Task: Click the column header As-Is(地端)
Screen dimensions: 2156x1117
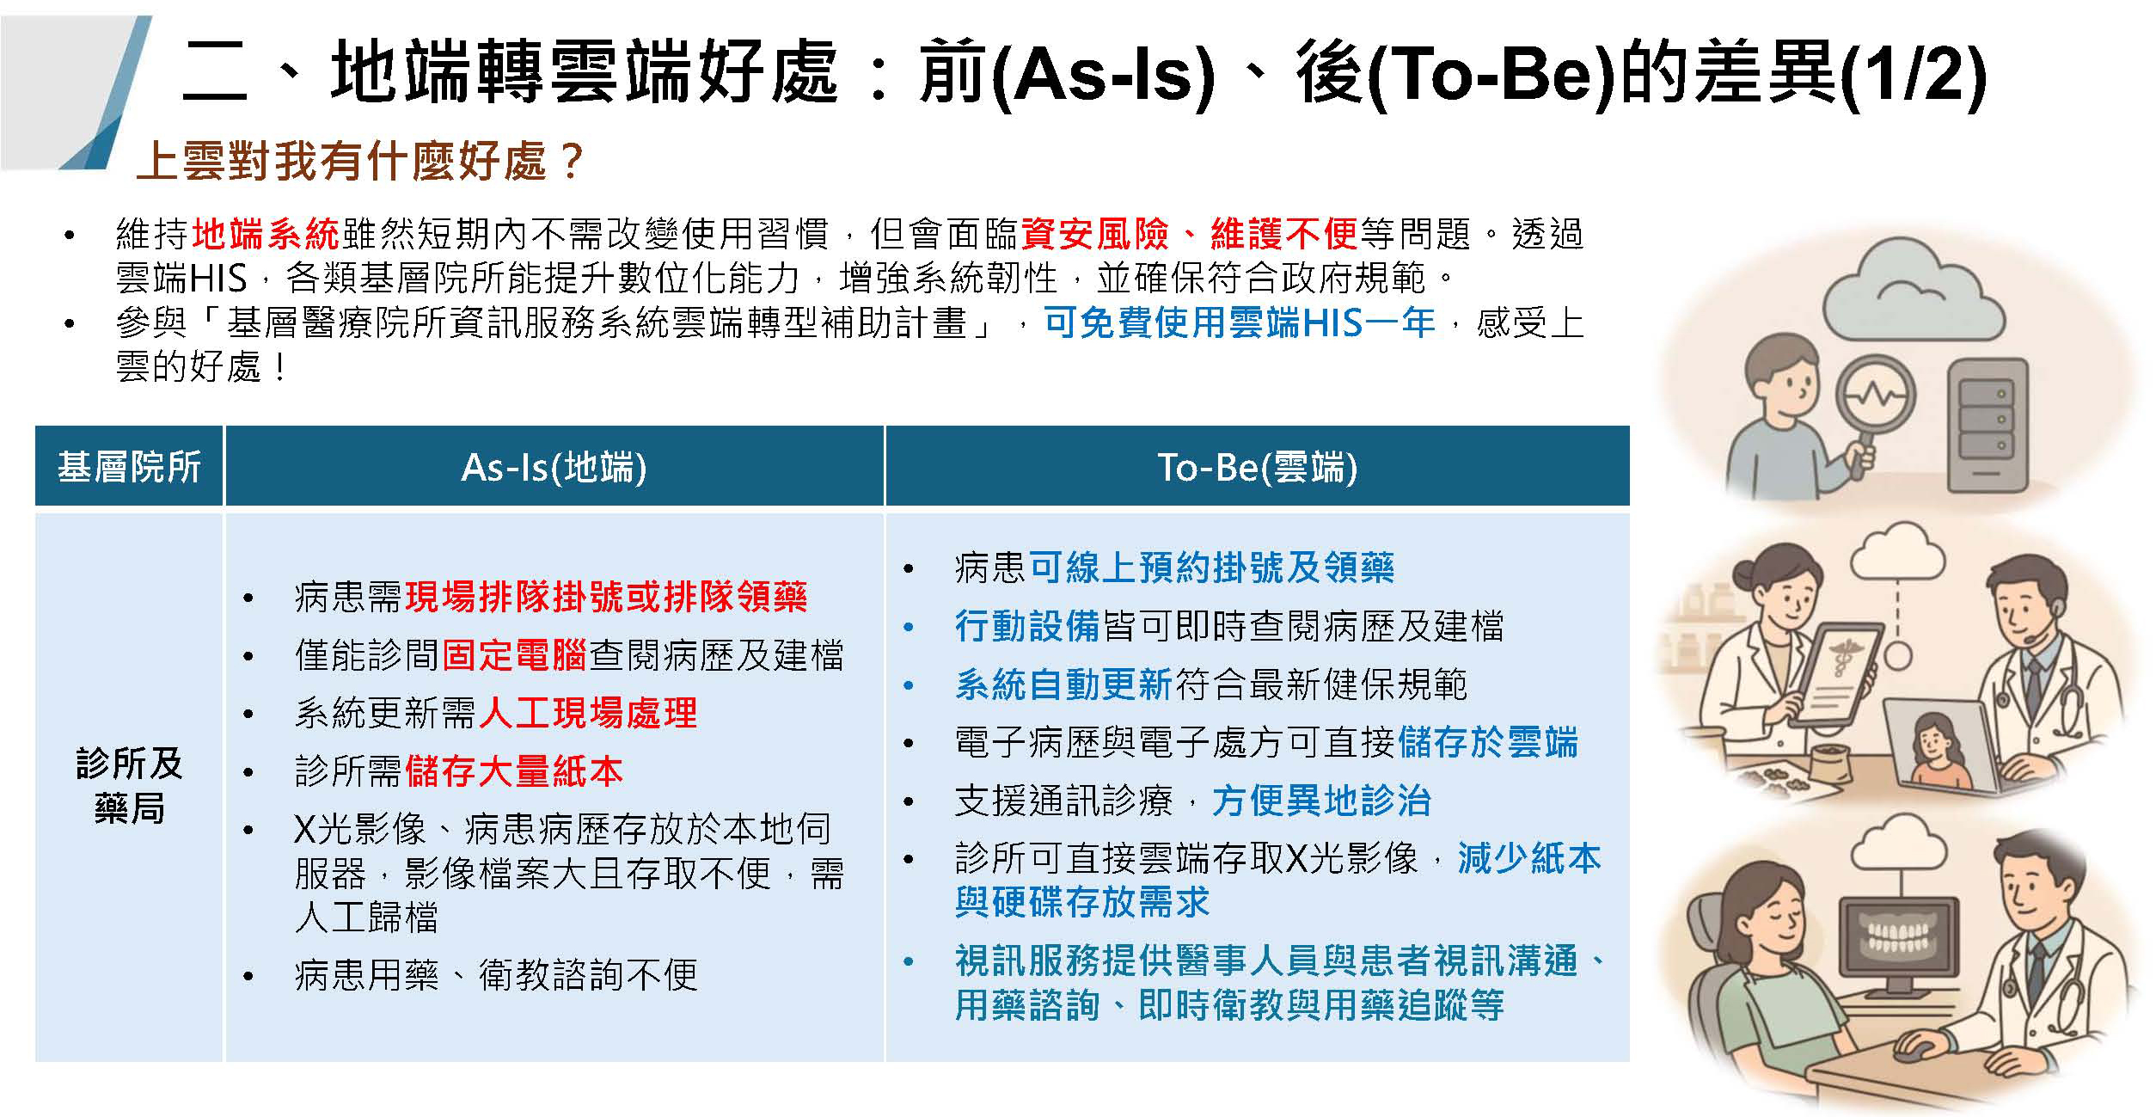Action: (x=554, y=467)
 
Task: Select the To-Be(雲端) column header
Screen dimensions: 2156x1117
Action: (x=1257, y=467)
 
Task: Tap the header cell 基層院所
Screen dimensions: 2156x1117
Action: (x=129, y=467)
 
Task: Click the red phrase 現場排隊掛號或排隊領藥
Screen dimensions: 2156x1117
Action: (x=606, y=597)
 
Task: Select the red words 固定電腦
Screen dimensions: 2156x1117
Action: (x=514, y=655)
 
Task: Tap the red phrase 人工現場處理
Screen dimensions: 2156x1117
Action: (x=588, y=713)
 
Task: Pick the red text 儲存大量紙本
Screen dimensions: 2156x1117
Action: (x=514, y=771)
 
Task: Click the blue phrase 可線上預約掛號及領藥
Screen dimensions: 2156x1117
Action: (x=1211, y=568)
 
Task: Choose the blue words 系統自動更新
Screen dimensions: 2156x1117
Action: (x=1063, y=684)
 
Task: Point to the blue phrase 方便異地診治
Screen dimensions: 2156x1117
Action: (x=1321, y=801)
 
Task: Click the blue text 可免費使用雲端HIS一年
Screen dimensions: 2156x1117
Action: (x=1240, y=323)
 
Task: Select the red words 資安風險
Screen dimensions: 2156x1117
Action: (x=1094, y=234)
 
